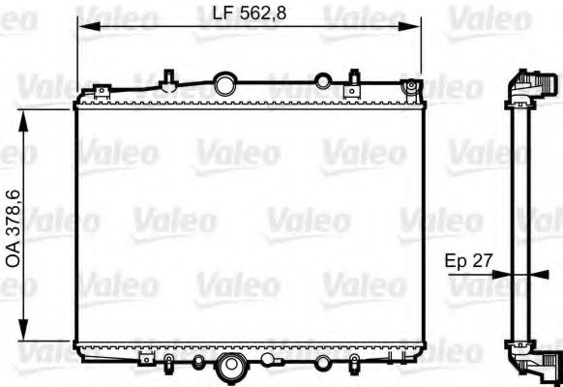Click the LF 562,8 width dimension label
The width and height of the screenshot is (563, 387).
(250, 13)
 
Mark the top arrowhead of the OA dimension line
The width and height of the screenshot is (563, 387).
(27, 112)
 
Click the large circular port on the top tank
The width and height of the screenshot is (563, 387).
(225, 82)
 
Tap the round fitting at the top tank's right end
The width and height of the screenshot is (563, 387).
(415, 89)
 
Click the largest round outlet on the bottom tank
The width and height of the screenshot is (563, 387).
(231, 367)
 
